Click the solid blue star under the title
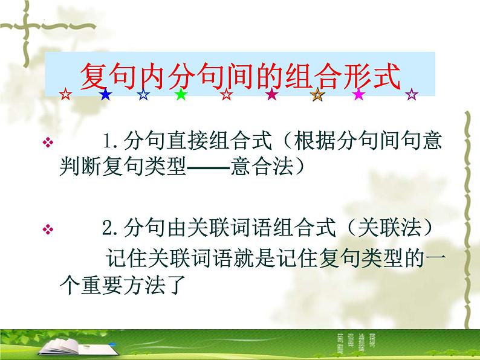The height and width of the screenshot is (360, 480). click(105, 94)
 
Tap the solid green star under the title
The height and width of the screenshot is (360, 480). click(180, 94)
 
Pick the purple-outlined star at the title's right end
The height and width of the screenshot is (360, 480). click(412, 94)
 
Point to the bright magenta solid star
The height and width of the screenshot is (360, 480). click(359, 94)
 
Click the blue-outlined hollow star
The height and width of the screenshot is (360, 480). click(143, 94)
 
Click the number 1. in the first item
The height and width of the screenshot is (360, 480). click(111, 143)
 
